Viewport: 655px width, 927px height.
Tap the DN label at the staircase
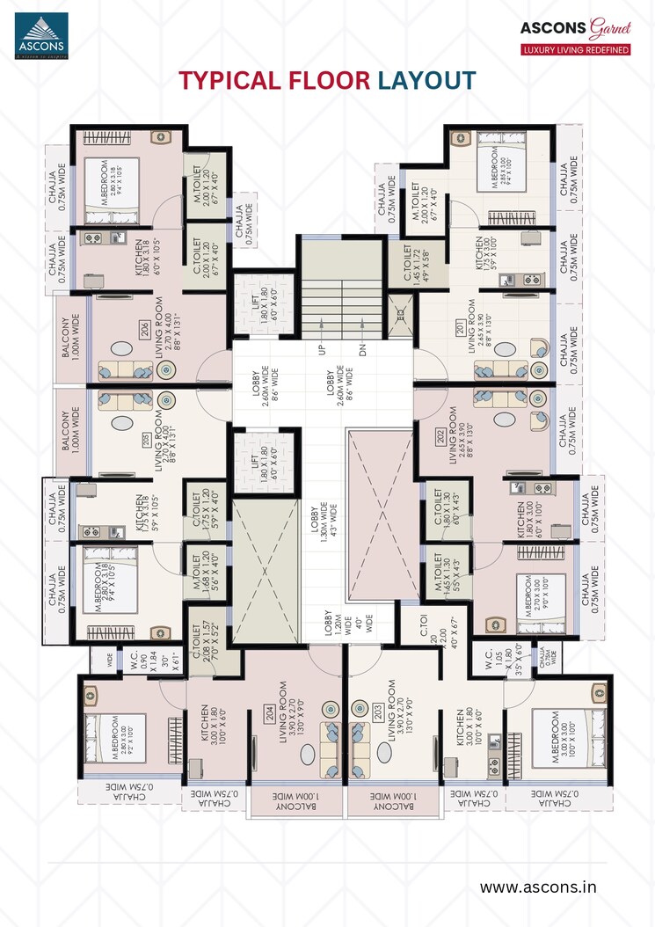362,348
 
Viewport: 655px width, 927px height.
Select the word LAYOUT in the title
426,81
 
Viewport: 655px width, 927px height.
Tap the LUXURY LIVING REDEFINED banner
576,50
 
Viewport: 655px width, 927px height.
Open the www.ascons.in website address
537,887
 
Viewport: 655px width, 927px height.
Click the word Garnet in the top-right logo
609,26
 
